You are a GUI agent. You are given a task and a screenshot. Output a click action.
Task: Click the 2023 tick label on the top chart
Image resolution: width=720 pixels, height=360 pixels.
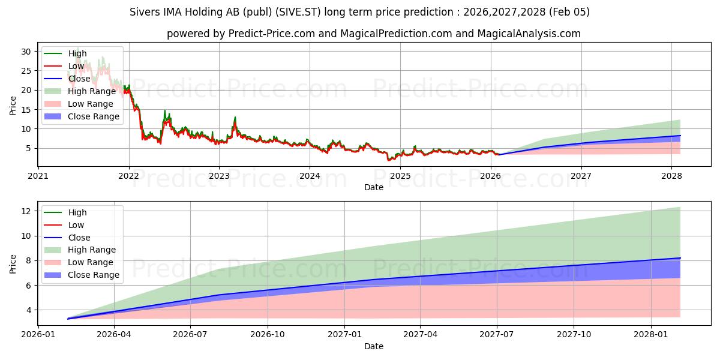click(x=219, y=176)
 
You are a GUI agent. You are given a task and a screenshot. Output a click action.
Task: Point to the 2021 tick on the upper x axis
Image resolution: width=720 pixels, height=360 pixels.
click(x=38, y=176)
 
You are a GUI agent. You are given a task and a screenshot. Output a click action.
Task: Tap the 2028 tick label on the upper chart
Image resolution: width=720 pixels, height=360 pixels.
click(x=671, y=176)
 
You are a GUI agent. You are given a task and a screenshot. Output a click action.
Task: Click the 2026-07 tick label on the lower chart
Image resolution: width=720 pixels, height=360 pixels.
click(x=190, y=335)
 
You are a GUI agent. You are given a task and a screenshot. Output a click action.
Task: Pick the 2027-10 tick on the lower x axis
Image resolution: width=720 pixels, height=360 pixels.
click(x=574, y=335)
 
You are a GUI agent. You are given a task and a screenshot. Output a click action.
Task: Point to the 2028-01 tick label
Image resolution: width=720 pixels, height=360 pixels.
click(x=651, y=335)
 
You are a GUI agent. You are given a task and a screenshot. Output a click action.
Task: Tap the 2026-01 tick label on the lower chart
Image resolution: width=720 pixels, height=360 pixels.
click(x=38, y=335)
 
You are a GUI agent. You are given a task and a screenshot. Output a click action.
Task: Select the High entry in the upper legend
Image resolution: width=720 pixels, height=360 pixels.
click(x=77, y=53)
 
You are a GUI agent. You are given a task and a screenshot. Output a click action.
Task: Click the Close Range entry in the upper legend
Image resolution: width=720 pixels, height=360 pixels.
click(x=94, y=116)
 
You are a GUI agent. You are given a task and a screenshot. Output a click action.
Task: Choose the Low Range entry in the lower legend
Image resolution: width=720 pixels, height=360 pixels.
click(x=91, y=262)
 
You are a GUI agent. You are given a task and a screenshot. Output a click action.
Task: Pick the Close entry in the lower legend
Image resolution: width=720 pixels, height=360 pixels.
click(x=79, y=238)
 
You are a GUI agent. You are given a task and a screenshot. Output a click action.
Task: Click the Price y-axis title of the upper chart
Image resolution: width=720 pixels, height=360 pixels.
click(x=13, y=105)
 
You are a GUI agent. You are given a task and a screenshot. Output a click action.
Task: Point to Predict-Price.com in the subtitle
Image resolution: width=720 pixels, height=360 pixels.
click(x=275, y=34)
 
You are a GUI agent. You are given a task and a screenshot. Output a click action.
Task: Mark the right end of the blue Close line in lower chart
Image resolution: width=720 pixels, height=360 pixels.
click(x=680, y=258)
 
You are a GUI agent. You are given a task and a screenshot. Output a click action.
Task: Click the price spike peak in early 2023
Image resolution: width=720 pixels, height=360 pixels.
click(x=235, y=117)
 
